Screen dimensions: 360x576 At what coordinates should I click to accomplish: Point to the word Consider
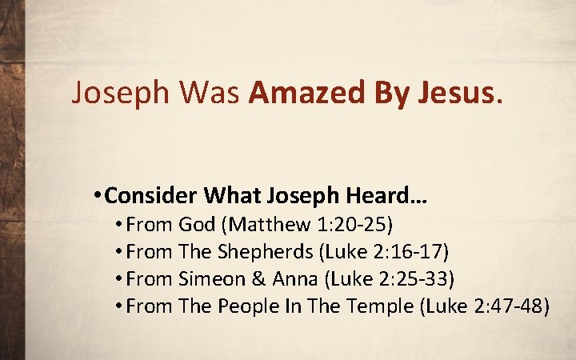point(152,196)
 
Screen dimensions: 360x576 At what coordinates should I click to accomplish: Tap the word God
point(198,226)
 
